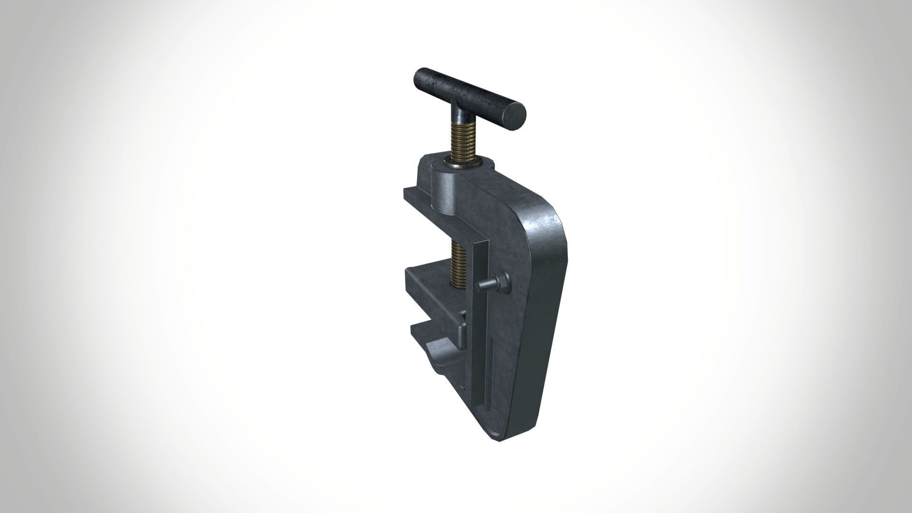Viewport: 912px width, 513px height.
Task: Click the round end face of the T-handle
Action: [514, 116]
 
